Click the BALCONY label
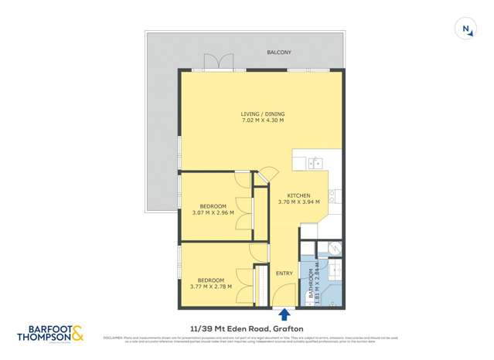[x=279, y=52]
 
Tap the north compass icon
[x=466, y=29]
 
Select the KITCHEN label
[x=298, y=195]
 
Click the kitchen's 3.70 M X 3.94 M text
[x=298, y=202]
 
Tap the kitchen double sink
[x=315, y=162]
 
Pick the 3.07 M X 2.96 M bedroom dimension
[x=213, y=213]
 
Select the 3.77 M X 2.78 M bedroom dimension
[x=211, y=287]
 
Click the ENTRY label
[x=284, y=273]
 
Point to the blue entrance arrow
[x=284, y=314]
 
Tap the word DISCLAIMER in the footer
[x=114, y=337]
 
